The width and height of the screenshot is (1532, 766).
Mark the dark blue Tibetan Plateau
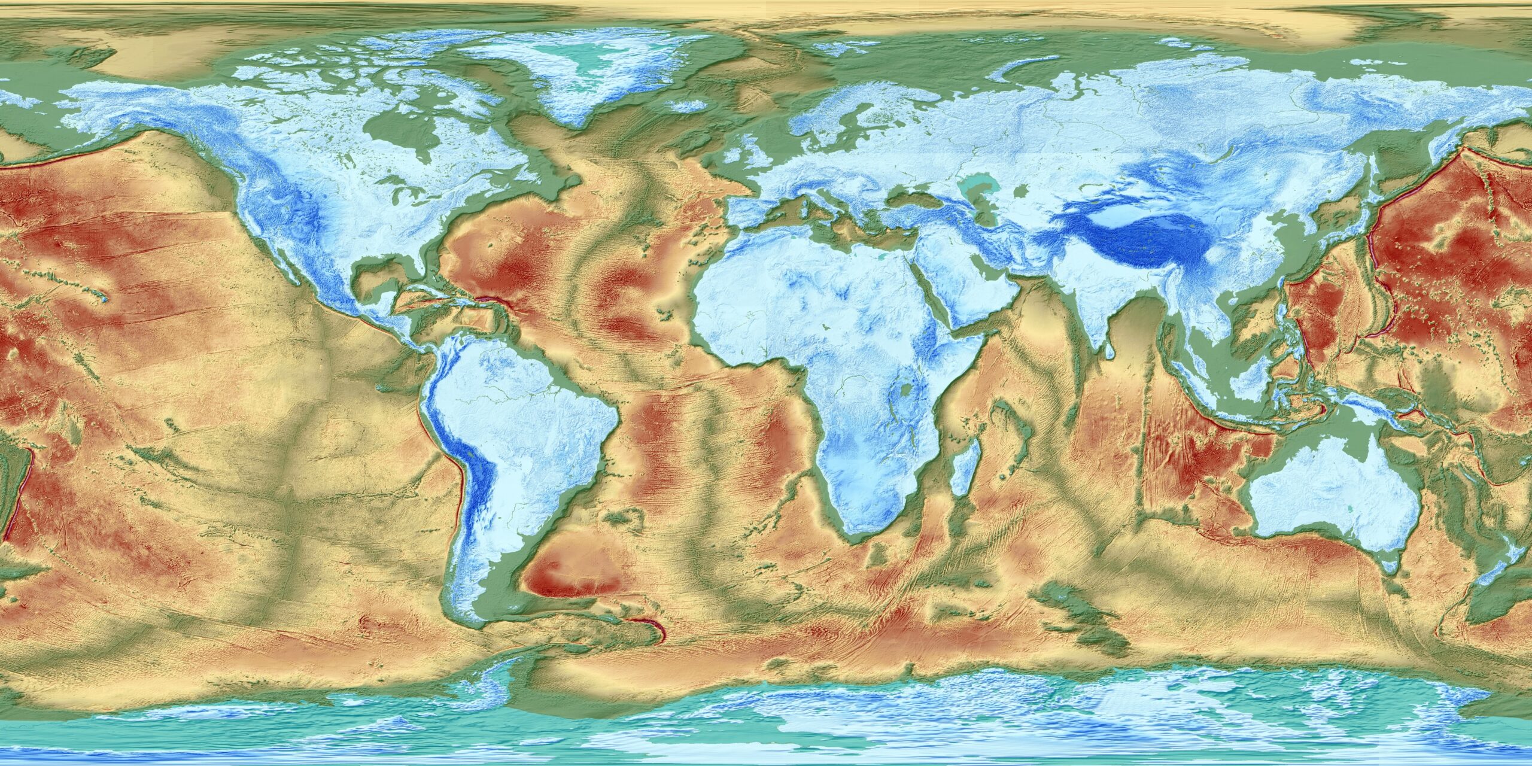[x=1137, y=239]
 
